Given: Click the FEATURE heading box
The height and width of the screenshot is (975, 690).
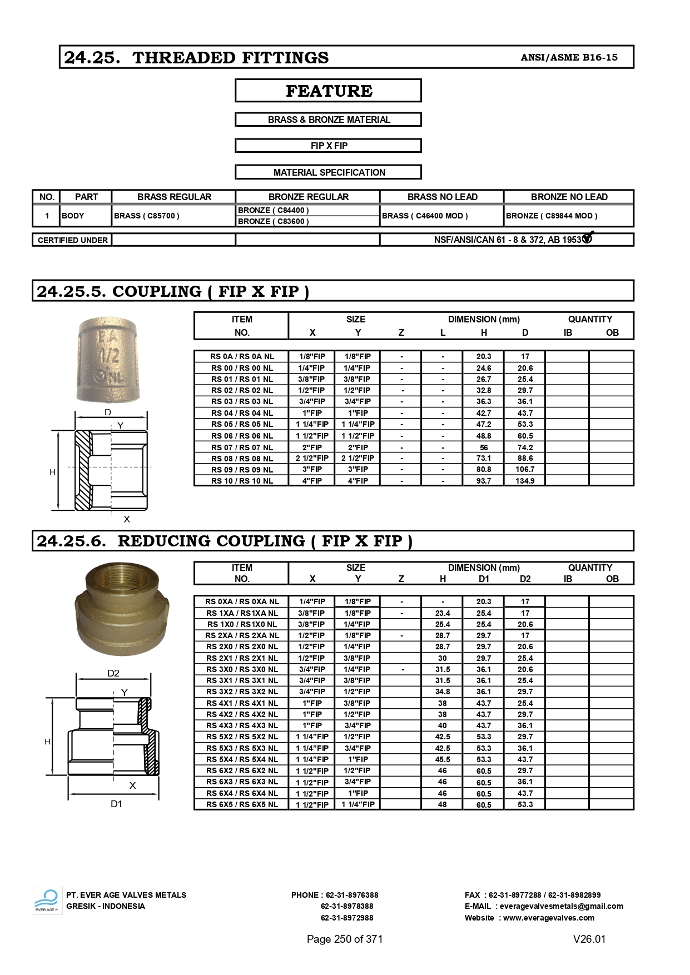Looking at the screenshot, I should (x=328, y=91).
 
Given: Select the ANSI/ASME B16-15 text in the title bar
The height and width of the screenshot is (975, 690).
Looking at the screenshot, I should (x=569, y=57).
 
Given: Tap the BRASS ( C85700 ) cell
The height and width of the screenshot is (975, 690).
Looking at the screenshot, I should (x=147, y=216).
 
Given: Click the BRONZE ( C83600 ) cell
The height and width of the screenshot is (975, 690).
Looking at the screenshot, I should (x=274, y=221).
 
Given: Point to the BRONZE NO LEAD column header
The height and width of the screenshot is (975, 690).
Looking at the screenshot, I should (x=569, y=197).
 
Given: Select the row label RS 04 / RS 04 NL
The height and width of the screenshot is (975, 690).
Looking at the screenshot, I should (x=242, y=413).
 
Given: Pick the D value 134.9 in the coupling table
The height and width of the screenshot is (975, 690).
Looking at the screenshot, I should (x=525, y=481).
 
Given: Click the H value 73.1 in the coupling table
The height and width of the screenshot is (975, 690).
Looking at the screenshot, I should (x=484, y=458).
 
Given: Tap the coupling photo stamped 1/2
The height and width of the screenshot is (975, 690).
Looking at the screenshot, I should (x=108, y=360).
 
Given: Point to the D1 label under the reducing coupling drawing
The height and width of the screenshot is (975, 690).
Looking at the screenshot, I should (x=116, y=804).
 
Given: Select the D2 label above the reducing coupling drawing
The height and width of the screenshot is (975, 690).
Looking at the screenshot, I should (x=113, y=673).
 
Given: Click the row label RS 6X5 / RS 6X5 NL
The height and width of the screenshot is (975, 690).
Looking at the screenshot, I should (x=242, y=804).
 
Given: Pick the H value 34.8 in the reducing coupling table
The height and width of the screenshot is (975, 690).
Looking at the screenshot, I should (x=443, y=692).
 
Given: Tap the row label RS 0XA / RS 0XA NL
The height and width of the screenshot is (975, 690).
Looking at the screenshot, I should (x=242, y=601).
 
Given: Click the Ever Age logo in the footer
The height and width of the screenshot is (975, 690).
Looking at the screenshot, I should (x=47, y=901).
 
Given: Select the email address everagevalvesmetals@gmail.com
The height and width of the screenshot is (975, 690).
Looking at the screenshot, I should (x=561, y=906).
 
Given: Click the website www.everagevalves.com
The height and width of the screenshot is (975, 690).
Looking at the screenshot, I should (x=548, y=918).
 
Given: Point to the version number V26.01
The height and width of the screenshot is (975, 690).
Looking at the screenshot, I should (x=589, y=939).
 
